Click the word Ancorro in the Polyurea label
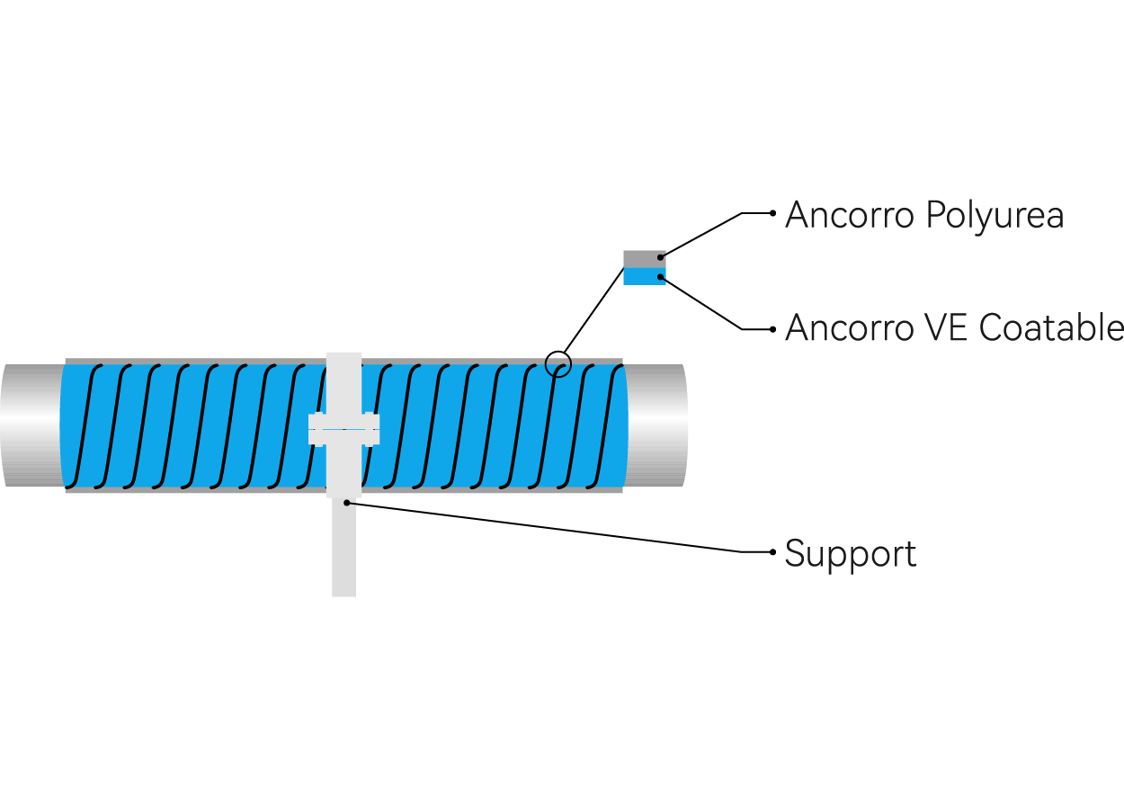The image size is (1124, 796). pyautogui.click(x=850, y=215)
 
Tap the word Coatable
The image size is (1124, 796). pyautogui.click(x=1051, y=327)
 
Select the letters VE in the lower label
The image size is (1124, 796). pyautogui.click(x=946, y=327)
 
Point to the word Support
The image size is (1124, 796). pyautogui.click(x=851, y=554)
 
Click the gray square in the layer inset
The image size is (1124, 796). pyautogui.click(x=645, y=259)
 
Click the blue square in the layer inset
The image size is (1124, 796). pyautogui.click(x=645, y=276)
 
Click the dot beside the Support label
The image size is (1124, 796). pyautogui.click(x=772, y=552)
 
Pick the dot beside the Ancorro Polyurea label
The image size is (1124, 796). pyautogui.click(x=772, y=213)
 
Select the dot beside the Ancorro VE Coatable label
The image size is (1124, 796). pyautogui.click(x=772, y=329)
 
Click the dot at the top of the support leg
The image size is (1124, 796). pyautogui.click(x=347, y=503)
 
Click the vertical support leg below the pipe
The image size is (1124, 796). pyautogui.click(x=343, y=550)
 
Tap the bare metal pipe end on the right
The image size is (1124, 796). pyautogui.click(x=656, y=425)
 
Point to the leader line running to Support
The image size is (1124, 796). pyautogui.click(x=559, y=527)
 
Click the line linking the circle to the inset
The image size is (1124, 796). pyautogui.click(x=594, y=310)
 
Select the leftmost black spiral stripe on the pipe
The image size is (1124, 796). pyautogui.click(x=84, y=426)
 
